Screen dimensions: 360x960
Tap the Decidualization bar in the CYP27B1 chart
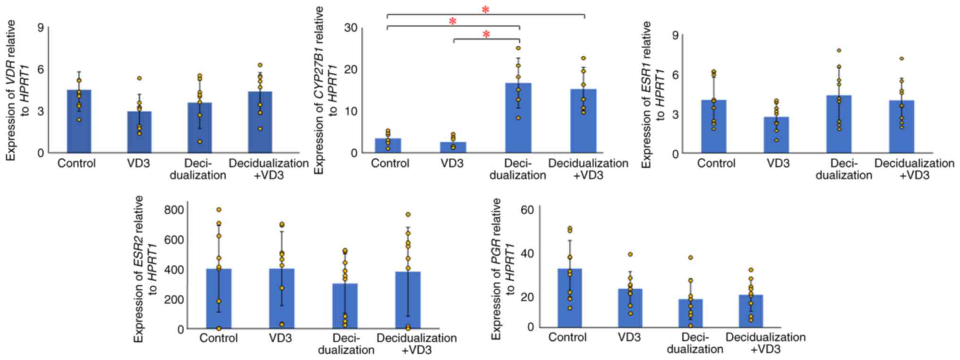(518, 118)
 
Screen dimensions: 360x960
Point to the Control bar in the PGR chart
(569, 298)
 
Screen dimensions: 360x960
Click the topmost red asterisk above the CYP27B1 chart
(485, 9)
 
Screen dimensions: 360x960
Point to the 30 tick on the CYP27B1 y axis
(351, 28)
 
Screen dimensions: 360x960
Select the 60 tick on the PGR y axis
(527, 209)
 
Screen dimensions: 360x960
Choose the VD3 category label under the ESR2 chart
(281, 338)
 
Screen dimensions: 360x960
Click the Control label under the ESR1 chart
(716, 163)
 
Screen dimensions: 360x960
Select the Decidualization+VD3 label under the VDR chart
(268, 169)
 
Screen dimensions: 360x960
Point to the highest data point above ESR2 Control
(219, 210)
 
